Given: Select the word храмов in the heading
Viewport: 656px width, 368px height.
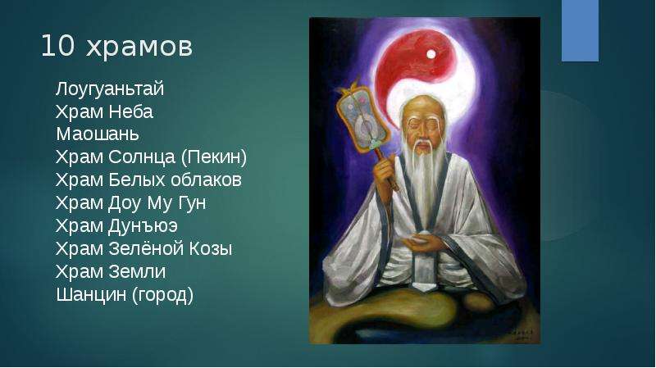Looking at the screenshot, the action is click(139, 47).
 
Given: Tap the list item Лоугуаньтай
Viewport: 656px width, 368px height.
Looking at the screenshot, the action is click(110, 89).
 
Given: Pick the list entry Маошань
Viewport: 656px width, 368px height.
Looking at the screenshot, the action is click(98, 134).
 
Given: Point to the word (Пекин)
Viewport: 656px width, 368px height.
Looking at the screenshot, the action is click(214, 157).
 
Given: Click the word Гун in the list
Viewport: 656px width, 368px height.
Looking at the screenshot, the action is click(192, 203).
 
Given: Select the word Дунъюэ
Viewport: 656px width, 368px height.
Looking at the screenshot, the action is click(143, 226).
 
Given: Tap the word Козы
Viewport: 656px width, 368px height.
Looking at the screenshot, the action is click(211, 249).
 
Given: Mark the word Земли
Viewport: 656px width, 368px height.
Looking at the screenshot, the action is click(137, 272).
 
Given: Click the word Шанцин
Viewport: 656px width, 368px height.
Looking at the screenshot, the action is click(91, 294).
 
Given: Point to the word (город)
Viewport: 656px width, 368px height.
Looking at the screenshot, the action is click(162, 295).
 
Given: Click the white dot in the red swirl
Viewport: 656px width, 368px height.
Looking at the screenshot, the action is click(431, 54).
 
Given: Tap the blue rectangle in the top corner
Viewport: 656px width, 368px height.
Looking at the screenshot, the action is click(580, 30).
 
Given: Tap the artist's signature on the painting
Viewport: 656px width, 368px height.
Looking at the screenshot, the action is click(522, 332).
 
